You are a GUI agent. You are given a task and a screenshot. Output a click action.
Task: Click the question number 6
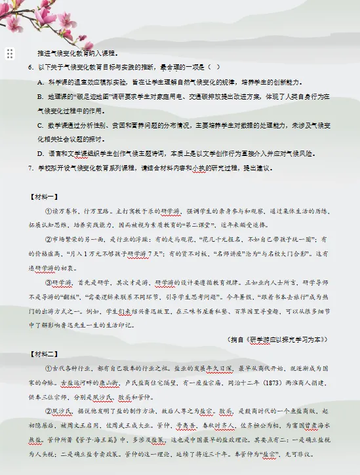(30, 67)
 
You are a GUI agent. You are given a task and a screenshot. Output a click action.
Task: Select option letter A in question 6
(41, 82)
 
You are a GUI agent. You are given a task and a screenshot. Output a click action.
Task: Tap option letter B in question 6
(41, 97)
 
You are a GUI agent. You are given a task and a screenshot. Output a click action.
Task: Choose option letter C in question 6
(41, 125)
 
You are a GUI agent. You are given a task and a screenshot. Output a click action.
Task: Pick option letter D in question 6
(41, 154)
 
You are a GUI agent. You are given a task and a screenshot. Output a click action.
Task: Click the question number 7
(30, 168)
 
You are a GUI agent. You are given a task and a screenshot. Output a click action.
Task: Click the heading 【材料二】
(44, 354)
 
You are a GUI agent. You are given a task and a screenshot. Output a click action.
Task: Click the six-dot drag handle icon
(10, 54)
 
